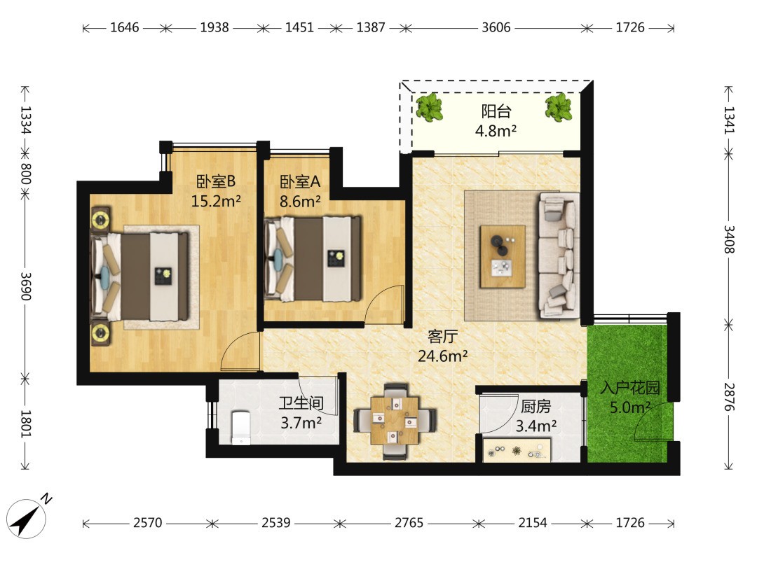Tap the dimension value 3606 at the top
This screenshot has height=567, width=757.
tap(496, 27)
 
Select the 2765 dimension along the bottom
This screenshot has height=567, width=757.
tap(409, 523)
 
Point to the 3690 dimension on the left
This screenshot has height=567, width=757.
tap(26, 286)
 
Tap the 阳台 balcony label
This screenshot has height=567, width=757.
tap(496, 112)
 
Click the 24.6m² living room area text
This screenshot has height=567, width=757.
tap(442, 356)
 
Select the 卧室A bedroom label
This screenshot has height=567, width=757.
tap(300, 182)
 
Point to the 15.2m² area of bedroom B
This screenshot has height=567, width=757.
tap(215, 201)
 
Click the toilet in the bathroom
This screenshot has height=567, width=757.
tap(241, 427)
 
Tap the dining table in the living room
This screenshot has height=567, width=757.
tap(395, 421)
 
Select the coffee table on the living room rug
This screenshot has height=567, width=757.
tap(503, 256)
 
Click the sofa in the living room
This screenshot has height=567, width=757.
tap(559, 255)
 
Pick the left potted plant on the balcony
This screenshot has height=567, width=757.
tap(429, 107)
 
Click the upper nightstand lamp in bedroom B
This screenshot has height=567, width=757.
tap(101, 220)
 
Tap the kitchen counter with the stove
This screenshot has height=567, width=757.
tap(517, 451)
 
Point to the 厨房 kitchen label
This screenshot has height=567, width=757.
tap(536, 407)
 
